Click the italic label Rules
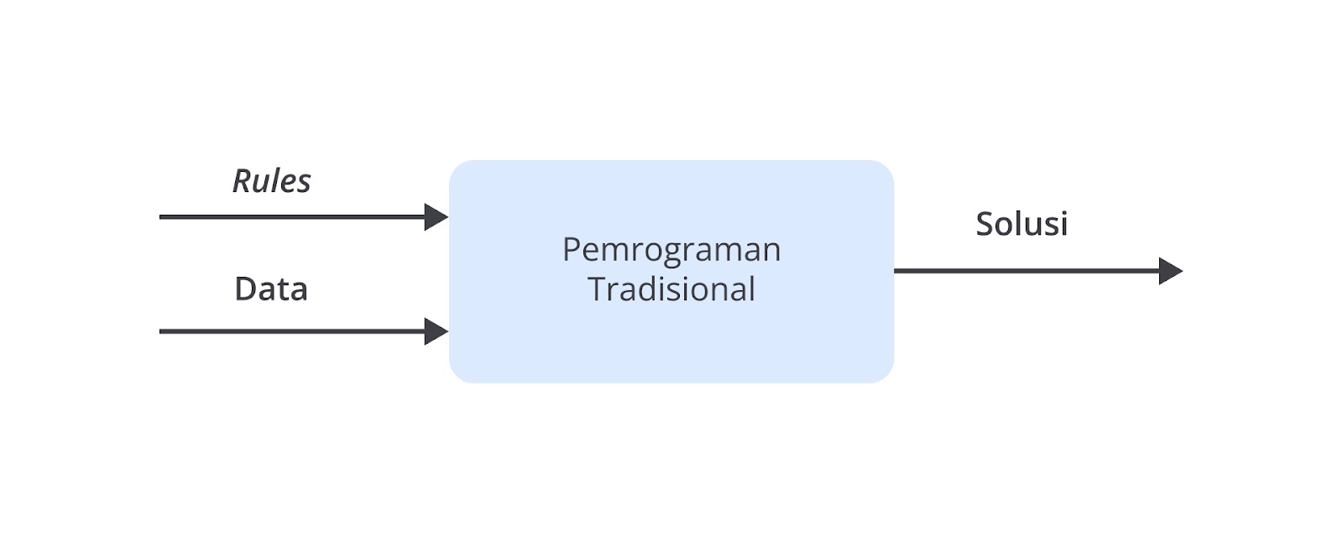pyautogui.click(x=272, y=181)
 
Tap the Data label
pyautogui.click(x=271, y=289)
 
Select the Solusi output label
pyautogui.click(x=1022, y=223)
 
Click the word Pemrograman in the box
pyautogui.click(x=671, y=251)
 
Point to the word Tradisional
pyautogui.click(x=671, y=289)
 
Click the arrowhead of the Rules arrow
pyautogui.click(x=436, y=217)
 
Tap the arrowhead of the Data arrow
pyautogui.click(x=436, y=331)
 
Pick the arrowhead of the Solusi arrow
pyautogui.click(x=1171, y=271)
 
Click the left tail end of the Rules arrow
pyautogui.click(x=160, y=217)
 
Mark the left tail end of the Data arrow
pyautogui.click(x=160, y=331)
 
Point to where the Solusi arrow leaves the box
pyautogui.click(x=895, y=271)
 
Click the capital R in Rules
pyautogui.click(x=243, y=181)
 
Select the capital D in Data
pyautogui.click(x=246, y=289)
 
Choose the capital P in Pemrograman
pyautogui.click(x=572, y=249)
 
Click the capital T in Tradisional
pyautogui.click(x=598, y=289)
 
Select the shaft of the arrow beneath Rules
pyautogui.click(x=293, y=217)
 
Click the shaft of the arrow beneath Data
pyautogui.click(x=293, y=331)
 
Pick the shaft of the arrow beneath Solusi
pyautogui.click(x=1027, y=271)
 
